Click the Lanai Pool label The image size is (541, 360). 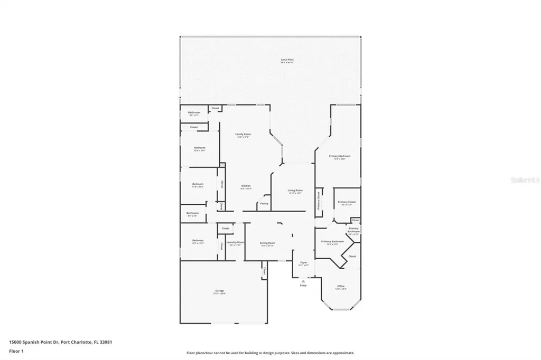pos(287,60)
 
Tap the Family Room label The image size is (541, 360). pos(243,135)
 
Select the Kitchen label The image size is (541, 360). pos(246,186)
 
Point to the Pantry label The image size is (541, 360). pos(264,203)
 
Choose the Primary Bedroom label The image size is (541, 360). pos(340,156)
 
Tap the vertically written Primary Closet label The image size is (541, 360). pos(319,201)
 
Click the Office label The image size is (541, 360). pos(341,286)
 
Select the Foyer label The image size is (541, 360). pos(304,262)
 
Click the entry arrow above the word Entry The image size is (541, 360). pos(303,281)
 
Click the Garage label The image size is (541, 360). pos(219,291)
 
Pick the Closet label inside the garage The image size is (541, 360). pos(264,271)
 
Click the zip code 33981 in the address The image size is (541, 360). pos(106,343)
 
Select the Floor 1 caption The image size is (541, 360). pos(16,351)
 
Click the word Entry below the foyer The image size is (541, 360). pos(303,286)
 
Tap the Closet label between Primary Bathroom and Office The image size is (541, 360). pos(352,256)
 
